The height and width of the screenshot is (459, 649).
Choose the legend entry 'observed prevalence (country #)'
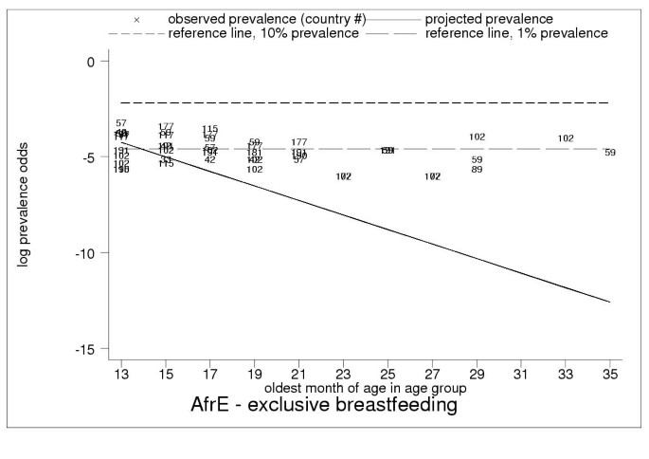[x=266, y=19]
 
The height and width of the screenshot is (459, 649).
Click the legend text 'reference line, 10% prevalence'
[x=265, y=33]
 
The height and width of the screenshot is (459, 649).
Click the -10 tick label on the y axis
[x=83, y=253]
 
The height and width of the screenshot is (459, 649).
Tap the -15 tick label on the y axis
[x=83, y=349]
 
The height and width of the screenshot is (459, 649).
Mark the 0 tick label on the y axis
[x=91, y=62]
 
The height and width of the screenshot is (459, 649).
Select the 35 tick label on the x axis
[x=609, y=375]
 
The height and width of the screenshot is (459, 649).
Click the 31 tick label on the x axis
[x=521, y=375]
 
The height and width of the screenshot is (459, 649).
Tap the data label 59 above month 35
[x=610, y=153]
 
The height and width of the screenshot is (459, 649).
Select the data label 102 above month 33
[x=566, y=138]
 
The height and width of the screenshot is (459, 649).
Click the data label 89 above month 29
[x=477, y=170]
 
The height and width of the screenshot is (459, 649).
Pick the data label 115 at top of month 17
[x=210, y=129]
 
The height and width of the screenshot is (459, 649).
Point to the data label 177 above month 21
[x=299, y=142]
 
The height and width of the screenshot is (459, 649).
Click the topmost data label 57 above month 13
[x=121, y=123]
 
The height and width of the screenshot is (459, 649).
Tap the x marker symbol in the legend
[x=137, y=19]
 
